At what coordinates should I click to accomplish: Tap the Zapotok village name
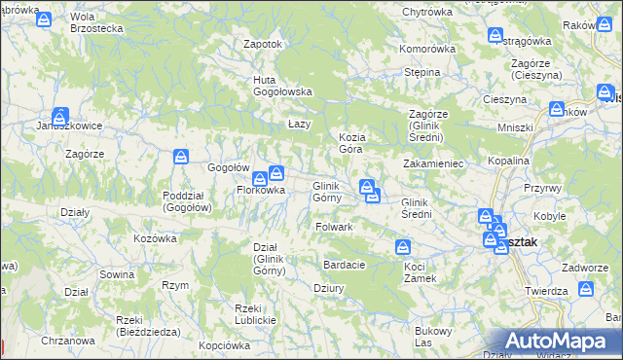tap(262, 44)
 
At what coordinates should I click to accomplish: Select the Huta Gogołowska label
tap(282, 86)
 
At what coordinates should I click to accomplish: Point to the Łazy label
tap(299, 125)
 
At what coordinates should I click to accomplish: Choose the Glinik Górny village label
tap(325, 192)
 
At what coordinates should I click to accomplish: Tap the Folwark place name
tap(334, 227)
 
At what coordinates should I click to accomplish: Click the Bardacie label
tap(345, 265)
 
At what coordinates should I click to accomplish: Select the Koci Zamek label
tap(421, 272)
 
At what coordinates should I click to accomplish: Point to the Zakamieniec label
tap(433, 164)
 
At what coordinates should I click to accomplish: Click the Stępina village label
tap(422, 72)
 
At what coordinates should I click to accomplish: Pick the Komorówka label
tap(427, 49)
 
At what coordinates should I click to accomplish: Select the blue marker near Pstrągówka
tap(495, 35)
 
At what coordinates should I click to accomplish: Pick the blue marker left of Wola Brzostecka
tap(43, 19)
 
